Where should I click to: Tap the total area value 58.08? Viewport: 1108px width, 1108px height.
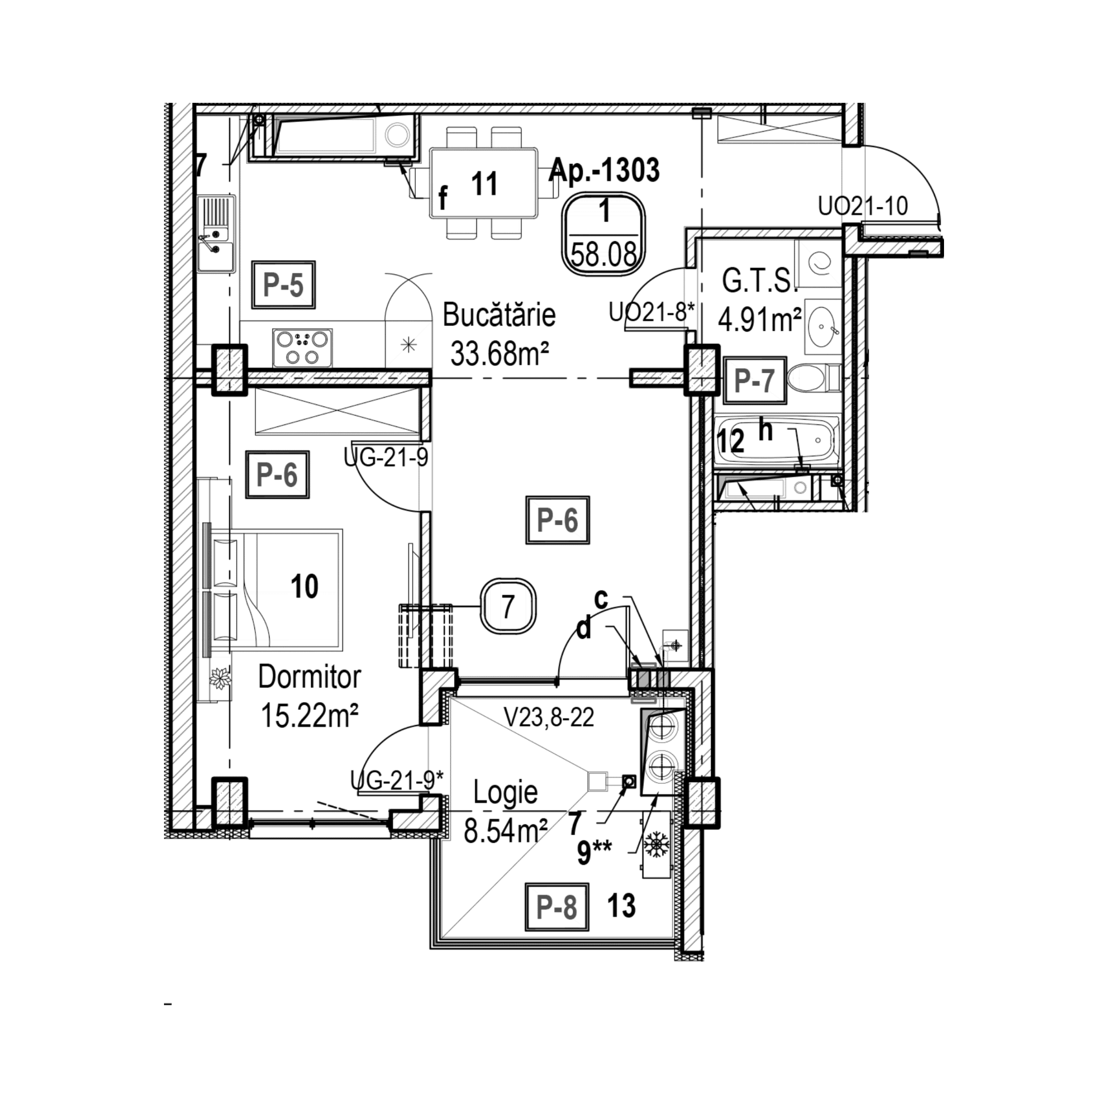click(604, 253)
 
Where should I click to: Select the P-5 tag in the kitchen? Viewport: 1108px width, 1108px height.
click(283, 285)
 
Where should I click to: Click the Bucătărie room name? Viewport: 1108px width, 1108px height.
click(499, 316)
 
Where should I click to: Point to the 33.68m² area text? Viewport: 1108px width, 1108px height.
click(499, 353)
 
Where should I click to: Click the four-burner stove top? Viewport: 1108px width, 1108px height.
click(303, 348)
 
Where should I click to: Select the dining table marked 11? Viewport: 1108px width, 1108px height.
click(484, 183)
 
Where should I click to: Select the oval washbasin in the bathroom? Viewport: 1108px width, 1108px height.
click(823, 326)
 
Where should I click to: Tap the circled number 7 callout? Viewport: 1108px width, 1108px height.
click(508, 607)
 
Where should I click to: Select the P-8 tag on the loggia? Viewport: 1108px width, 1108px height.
click(556, 907)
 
